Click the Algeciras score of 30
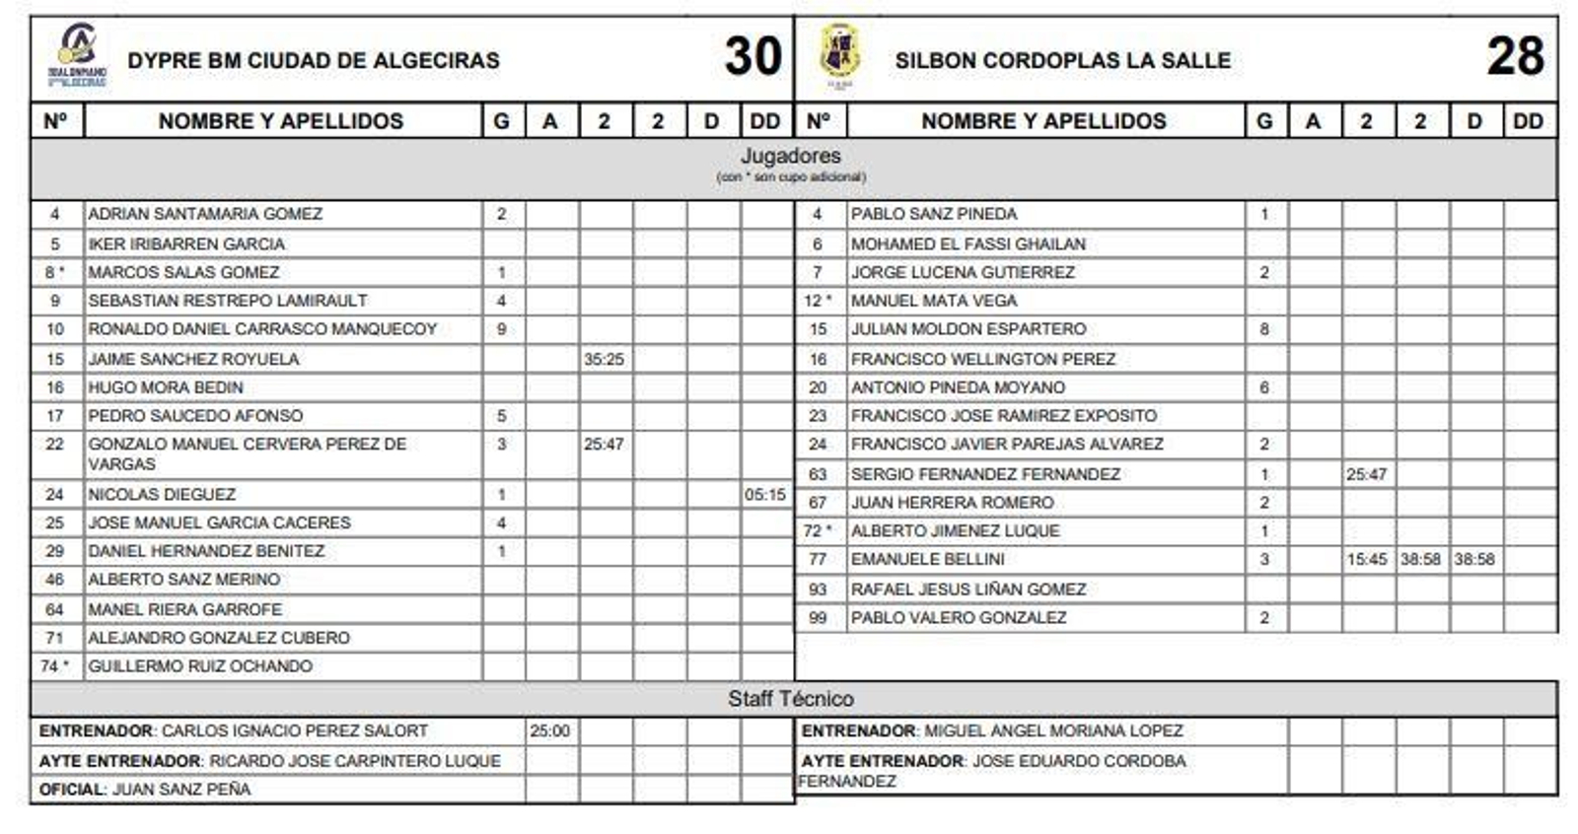(753, 56)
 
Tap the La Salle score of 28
(1515, 56)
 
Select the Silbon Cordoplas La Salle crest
(839, 54)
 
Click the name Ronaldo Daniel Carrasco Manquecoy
(262, 329)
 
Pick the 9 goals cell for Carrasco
(502, 329)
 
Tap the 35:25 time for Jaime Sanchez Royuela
(604, 359)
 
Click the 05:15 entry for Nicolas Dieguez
(765, 494)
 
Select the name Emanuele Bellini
(927, 559)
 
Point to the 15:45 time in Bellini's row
(1366, 559)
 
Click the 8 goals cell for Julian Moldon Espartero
(1264, 329)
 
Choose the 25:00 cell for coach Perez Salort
(549, 731)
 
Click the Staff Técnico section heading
(791, 699)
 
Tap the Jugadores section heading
(791, 156)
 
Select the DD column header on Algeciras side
(765, 121)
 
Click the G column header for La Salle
(1264, 121)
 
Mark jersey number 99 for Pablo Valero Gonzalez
(818, 618)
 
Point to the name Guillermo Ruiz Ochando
(200, 666)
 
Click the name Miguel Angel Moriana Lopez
(1053, 731)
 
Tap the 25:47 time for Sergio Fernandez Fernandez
(1366, 474)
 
